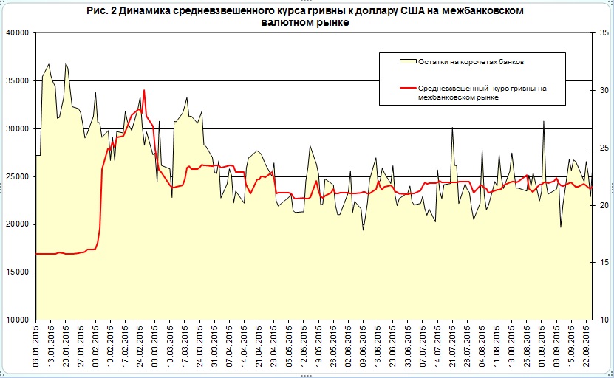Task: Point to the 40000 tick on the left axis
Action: [x=16, y=33]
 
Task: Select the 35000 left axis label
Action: [x=16, y=80]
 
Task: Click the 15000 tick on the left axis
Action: [x=16, y=272]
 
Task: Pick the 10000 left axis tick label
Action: [x=16, y=320]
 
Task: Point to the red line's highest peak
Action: [x=144, y=90]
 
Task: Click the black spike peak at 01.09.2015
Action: [x=544, y=121]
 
